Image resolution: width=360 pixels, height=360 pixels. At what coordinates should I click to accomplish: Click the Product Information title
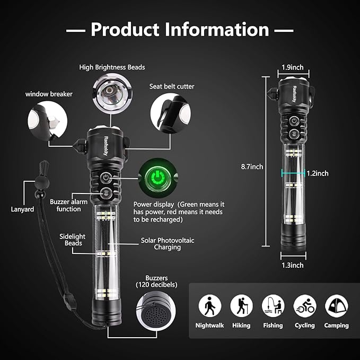(180, 29)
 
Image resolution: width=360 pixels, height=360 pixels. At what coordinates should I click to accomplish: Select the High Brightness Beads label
(112, 67)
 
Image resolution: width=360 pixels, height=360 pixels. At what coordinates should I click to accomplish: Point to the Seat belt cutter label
(172, 86)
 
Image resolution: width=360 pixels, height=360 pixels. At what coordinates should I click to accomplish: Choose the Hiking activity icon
(241, 306)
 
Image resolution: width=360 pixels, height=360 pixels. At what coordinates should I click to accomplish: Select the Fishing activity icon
(273, 306)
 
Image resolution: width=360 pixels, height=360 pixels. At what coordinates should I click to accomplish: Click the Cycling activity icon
(305, 306)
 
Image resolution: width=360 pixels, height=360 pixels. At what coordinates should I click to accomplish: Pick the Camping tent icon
(337, 306)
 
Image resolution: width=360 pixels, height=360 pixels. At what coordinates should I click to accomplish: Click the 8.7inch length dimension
(250, 166)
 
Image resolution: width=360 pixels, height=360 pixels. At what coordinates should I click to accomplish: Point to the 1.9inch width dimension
(292, 67)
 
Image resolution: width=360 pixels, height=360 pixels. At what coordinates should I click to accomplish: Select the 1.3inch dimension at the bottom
(293, 265)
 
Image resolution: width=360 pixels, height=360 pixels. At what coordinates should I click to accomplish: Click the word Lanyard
(22, 209)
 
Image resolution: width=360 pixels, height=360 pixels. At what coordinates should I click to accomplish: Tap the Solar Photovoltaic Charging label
(168, 244)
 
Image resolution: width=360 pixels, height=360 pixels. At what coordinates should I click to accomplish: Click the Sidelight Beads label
(71, 239)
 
